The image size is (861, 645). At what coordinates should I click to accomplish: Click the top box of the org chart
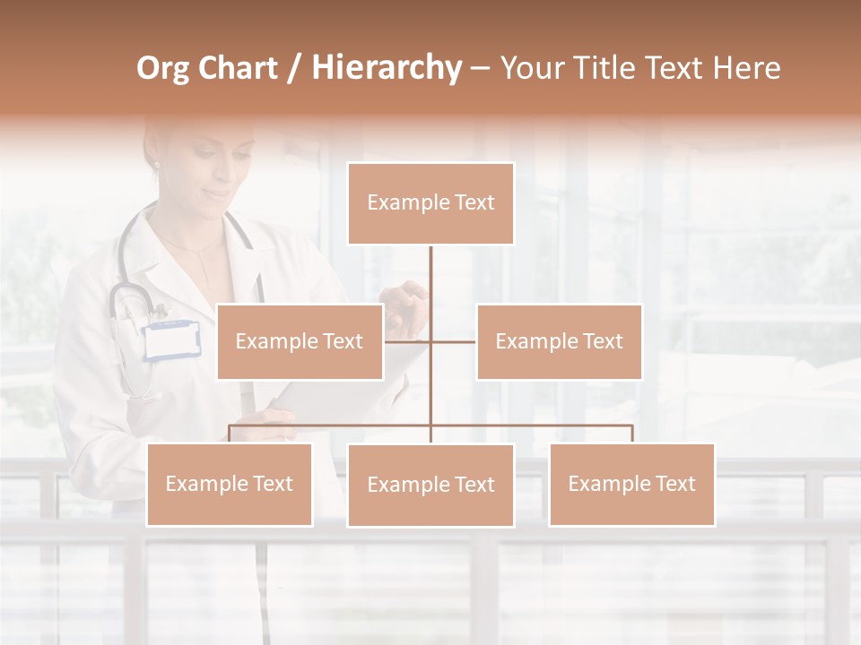430,203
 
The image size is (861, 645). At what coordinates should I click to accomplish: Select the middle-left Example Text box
300,341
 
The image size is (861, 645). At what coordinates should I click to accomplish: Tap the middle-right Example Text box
559,341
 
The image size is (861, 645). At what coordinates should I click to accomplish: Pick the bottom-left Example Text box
229,484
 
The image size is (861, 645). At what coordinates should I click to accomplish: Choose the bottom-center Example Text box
430,485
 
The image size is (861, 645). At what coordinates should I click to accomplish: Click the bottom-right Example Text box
631,484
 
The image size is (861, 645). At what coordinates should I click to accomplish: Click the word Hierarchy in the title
387,68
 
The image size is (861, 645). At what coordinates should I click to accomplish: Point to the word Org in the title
162,68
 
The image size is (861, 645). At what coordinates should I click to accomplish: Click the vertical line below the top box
430,287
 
